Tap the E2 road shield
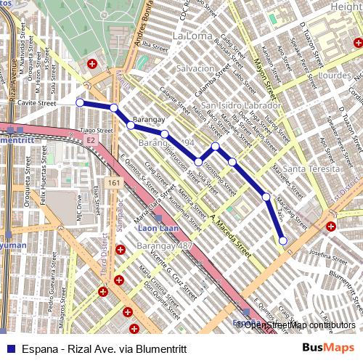click(89, 138)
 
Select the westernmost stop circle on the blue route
click(79, 102)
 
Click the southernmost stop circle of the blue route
click(282, 240)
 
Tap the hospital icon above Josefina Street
click(331, 227)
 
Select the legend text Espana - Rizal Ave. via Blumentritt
click(104, 348)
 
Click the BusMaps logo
click(329, 348)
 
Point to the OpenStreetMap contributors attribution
click(299, 325)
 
